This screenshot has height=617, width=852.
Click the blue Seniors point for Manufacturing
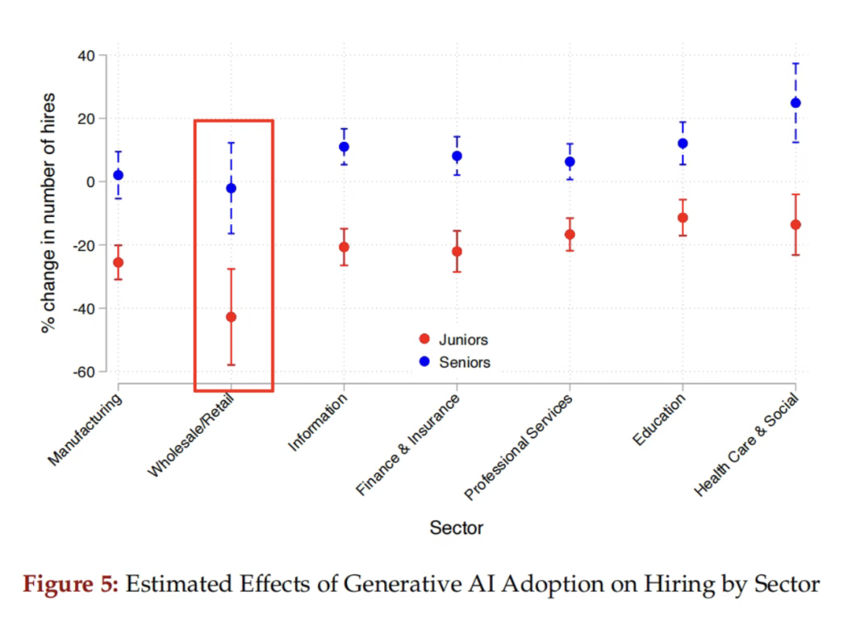[x=118, y=175]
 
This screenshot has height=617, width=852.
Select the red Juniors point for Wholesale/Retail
[x=231, y=317]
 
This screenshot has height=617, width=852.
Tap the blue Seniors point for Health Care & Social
[x=795, y=103]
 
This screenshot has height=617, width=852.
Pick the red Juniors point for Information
[x=344, y=247]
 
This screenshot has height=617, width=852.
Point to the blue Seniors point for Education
[x=682, y=144]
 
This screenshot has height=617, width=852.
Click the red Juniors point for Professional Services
[x=570, y=234]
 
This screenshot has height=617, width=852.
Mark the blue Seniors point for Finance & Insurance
[x=457, y=156]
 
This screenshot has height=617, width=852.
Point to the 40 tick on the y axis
[x=86, y=56]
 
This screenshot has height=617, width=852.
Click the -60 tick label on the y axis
[x=83, y=372]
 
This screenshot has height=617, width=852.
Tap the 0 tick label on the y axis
[x=91, y=182]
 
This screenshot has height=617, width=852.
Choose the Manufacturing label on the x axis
[x=86, y=429]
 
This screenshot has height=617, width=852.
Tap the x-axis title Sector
[x=456, y=528]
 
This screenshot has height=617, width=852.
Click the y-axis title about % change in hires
[x=49, y=213]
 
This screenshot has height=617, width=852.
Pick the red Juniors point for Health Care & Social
[x=795, y=225]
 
